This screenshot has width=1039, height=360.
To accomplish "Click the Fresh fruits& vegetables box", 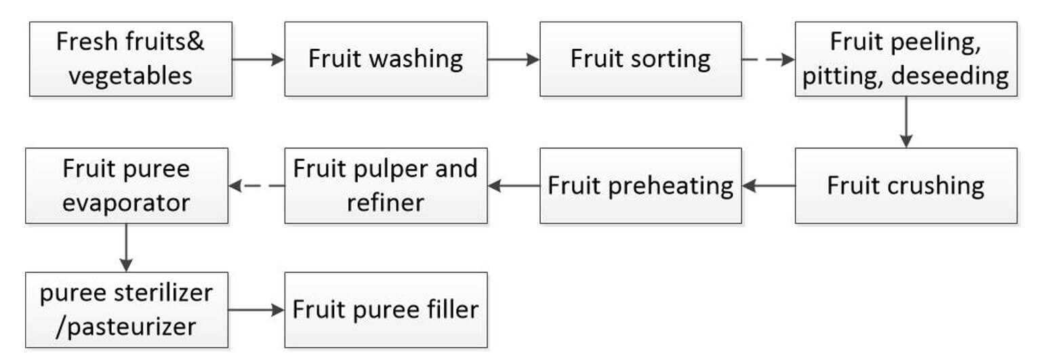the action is click(131, 59).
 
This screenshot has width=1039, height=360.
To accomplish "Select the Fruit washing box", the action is click(386, 59).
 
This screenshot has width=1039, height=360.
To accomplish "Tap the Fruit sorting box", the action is click(640, 59).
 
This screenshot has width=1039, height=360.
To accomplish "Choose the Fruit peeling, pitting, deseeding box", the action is click(906, 59).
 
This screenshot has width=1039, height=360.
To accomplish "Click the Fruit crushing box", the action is click(906, 186).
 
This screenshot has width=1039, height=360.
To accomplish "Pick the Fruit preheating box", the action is click(640, 186).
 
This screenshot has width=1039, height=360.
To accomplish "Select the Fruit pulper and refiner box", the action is click(386, 186).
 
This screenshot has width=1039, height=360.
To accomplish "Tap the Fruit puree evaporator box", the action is click(127, 186).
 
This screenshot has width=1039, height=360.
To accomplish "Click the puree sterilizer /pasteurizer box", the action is click(127, 310).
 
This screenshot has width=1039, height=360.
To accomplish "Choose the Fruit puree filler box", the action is click(386, 310).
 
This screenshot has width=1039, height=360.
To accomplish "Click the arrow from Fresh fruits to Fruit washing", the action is click(258, 60).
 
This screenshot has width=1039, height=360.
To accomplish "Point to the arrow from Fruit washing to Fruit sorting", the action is click(514, 60).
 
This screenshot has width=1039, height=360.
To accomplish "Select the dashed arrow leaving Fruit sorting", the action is click(768, 60).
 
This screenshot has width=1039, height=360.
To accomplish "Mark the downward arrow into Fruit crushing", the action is click(906, 122).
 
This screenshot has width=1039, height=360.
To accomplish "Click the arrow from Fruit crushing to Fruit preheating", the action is click(768, 186).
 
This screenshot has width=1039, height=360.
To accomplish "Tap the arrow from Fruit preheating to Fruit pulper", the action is click(514, 186).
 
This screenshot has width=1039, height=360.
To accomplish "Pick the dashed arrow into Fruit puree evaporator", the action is click(256, 186).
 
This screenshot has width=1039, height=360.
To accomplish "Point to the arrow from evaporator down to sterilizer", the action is click(126, 247).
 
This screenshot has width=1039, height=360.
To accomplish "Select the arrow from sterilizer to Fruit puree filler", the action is click(256, 310).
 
